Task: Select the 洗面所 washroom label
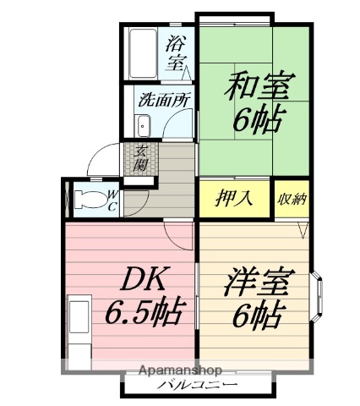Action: pyautogui.click(x=164, y=98)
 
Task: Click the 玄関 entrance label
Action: pyautogui.click(x=142, y=159)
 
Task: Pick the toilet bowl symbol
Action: pyautogui.click(x=87, y=198)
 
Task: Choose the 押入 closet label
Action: pyautogui.click(x=236, y=200)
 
